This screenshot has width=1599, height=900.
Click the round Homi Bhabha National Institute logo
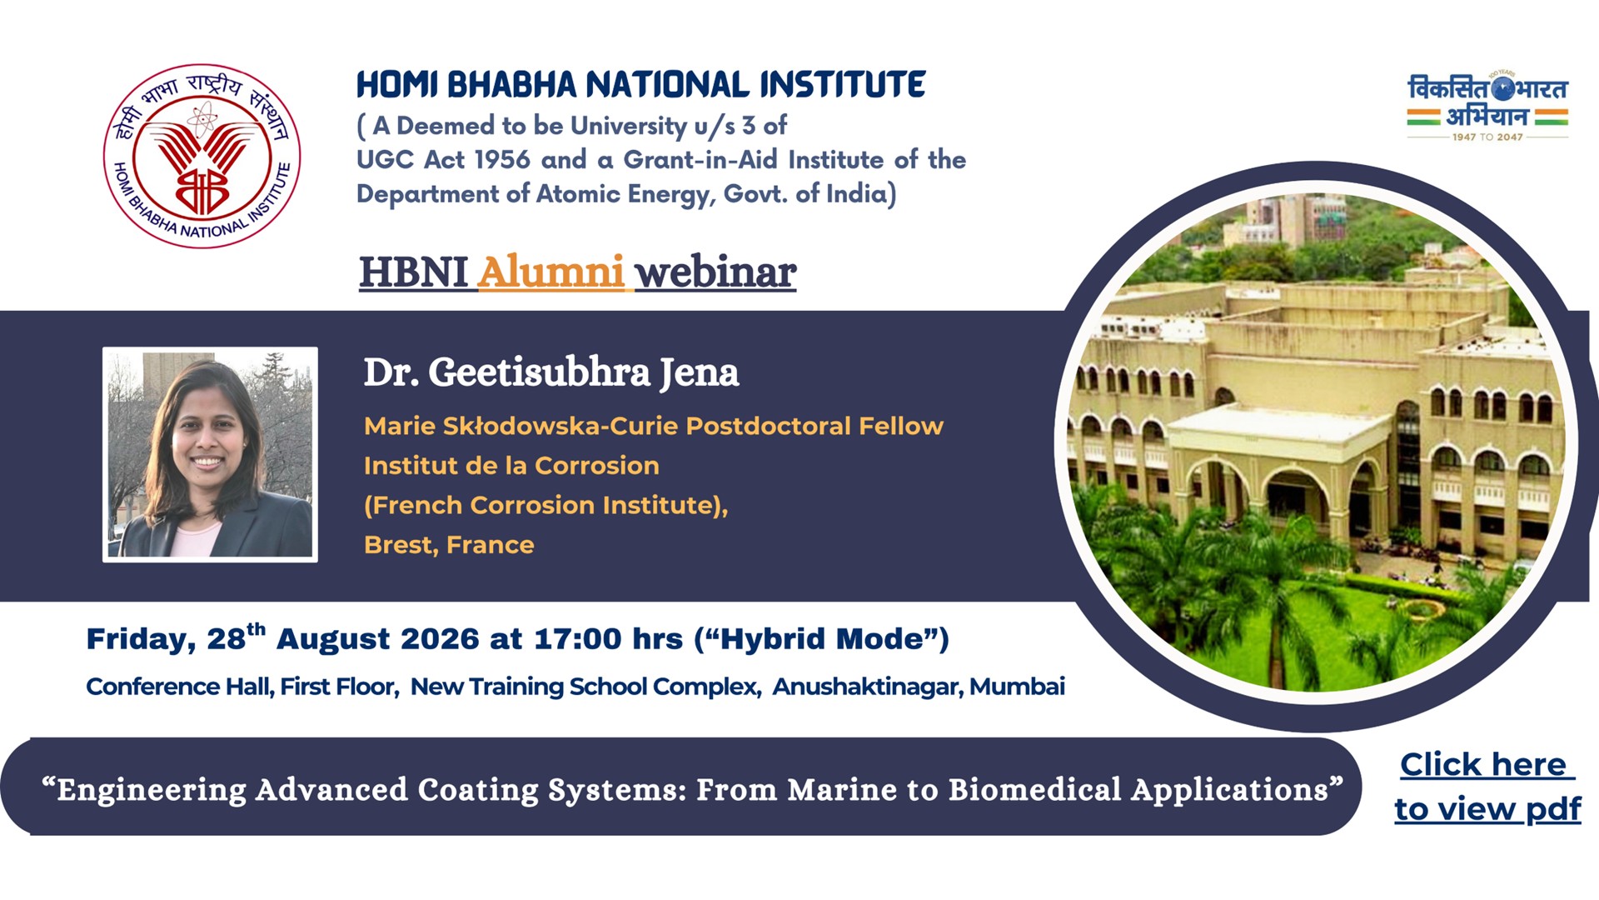tap(202, 156)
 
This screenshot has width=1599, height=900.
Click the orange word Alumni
tap(550, 272)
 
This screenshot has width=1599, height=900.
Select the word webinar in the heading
tap(715, 272)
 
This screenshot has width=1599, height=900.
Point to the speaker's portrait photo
tap(210, 454)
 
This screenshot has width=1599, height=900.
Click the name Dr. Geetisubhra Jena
tap(551, 372)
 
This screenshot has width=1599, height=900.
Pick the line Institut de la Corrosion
tap(511, 465)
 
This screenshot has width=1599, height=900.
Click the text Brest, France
tap(449, 545)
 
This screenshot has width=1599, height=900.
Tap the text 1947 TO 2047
tap(1487, 137)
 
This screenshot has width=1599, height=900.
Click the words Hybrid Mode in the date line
tap(822, 639)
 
